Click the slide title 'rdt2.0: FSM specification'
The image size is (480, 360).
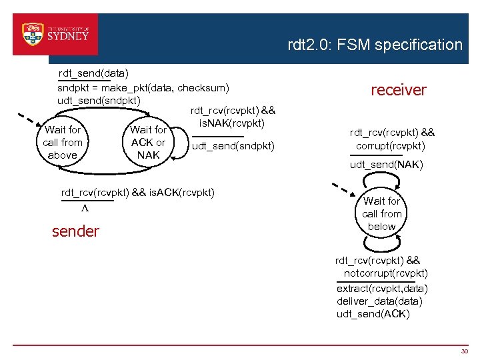coord(375,45)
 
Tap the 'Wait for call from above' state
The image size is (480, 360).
coord(63,143)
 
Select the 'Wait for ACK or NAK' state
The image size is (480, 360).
coord(148,143)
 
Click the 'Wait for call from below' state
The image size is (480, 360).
coord(382,213)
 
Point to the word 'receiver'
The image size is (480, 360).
coord(398,90)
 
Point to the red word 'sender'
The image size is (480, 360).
coord(75,231)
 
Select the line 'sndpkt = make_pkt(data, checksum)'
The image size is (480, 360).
coord(143,87)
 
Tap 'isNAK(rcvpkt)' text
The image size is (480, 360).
coord(232,123)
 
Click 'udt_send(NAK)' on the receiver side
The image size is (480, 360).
coord(387,165)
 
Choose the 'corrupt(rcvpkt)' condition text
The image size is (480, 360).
coord(391,145)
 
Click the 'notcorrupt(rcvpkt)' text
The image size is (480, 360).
coord(385,273)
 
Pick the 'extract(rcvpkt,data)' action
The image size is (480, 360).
coord(382,288)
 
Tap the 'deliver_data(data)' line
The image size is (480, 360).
coord(379,301)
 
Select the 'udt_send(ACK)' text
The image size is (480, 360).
coord(373,314)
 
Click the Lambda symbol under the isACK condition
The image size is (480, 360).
coord(85,209)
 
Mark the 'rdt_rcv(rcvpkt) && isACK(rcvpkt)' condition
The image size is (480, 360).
coord(138,193)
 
